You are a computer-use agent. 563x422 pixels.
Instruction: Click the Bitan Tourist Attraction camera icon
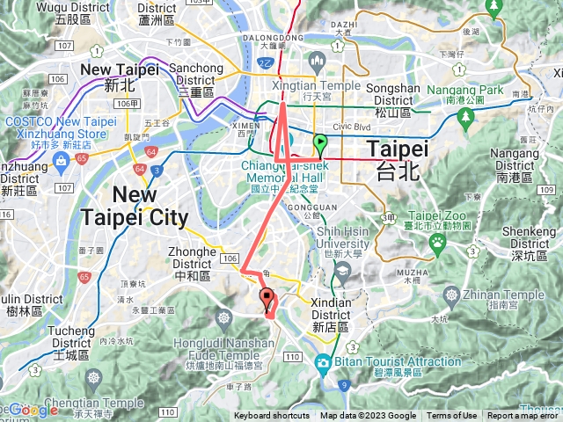(323, 361)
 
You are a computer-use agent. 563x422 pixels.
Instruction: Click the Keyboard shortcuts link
(271, 416)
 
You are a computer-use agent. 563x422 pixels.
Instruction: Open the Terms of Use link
(452, 416)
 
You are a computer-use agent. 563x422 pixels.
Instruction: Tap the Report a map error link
(523, 416)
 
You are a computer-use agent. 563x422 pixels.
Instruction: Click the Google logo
(33, 410)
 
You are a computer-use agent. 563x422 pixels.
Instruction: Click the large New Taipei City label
(134, 206)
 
